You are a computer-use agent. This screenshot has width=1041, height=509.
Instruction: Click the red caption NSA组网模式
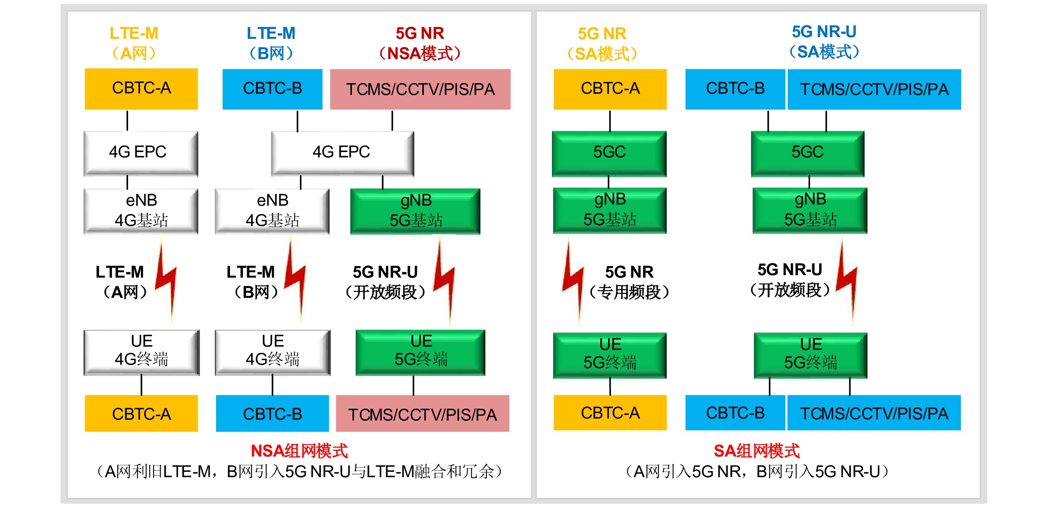tap(299, 451)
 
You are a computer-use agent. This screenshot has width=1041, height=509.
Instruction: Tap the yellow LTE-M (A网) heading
tap(134, 43)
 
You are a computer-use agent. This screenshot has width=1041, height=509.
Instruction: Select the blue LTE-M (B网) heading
tap(271, 43)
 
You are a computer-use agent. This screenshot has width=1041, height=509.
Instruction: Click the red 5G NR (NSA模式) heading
tap(420, 43)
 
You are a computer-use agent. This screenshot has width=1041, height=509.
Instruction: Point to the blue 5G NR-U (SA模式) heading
tap(824, 42)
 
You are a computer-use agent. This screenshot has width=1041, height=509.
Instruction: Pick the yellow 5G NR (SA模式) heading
tap(602, 44)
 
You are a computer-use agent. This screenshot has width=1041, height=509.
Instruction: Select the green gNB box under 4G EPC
tap(415, 211)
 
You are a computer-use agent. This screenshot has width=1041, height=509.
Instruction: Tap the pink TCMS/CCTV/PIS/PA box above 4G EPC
tap(420, 89)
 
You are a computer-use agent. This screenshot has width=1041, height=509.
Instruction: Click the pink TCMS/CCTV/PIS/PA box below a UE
tap(422, 414)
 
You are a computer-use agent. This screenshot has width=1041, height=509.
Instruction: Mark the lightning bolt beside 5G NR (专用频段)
tap(573, 281)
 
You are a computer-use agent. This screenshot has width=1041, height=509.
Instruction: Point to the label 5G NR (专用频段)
tap(629, 282)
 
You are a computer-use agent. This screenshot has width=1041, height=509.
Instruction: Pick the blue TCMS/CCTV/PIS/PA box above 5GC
tap(874, 89)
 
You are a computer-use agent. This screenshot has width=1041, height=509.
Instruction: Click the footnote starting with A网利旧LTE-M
tap(299, 471)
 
